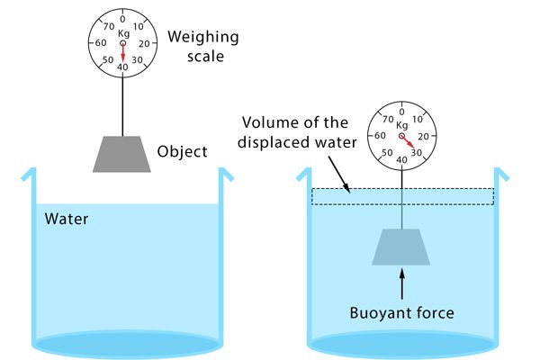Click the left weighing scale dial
[x=122, y=42]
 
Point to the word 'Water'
[x=65, y=218]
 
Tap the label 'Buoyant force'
[x=400, y=314]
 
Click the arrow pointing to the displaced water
[x=337, y=171]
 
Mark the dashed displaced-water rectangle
[x=402, y=196]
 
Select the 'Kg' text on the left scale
[x=123, y=32]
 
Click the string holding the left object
[x=122, y=103]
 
